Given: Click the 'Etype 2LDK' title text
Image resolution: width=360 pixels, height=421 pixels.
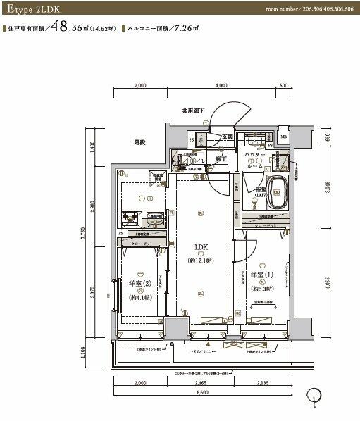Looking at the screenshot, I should pos(32,10).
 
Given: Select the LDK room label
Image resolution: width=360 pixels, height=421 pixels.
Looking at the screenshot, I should pos(200,246).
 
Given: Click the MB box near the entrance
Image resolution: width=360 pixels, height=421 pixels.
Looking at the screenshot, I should pos(283,137).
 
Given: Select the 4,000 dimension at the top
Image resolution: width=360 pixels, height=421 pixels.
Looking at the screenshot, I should pos(222,86).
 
